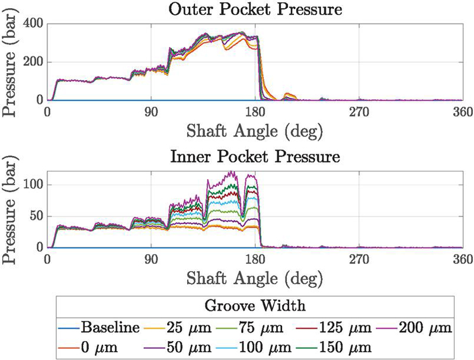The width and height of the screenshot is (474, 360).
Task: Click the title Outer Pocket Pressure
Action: coord(255,10)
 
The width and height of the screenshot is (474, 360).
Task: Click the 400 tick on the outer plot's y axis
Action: coord(33,24)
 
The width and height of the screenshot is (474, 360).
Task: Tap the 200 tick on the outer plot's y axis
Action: coord(33,62)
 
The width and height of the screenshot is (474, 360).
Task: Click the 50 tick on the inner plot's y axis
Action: coord(37,216)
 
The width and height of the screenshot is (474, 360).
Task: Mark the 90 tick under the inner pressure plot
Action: coord(152,259)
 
